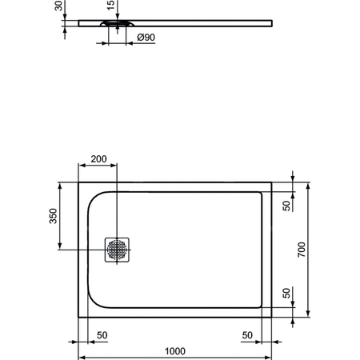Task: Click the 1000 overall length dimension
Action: click(x=175, y=350)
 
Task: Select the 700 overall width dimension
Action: click(x=302, y=249)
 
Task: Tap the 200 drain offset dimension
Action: click(x=98, y=159)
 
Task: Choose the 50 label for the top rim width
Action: click(x=286, y=205)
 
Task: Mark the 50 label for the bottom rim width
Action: click(x=286, y=294)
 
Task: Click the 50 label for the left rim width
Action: click(x=102, y=334)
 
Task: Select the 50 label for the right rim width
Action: click(x=248, y=334)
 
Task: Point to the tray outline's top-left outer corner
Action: click(x=78, y=182)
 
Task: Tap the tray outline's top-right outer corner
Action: click(x=271, y=182)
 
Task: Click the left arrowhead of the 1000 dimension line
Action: click(x=80, y=357)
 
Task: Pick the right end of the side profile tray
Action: click(x=271, y=21)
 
